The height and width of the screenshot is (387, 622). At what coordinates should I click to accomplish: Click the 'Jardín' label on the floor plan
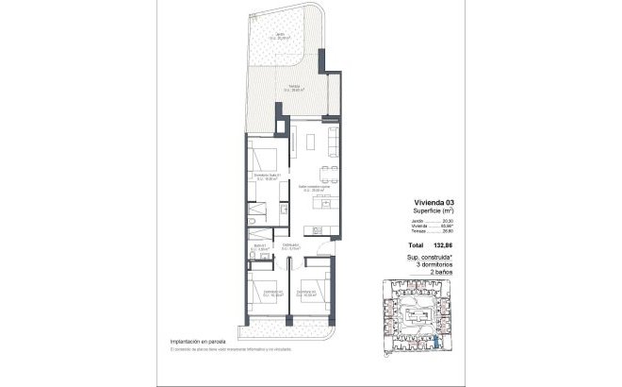click(280, 35)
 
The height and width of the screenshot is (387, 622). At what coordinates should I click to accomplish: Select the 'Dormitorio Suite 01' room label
click(267, 177)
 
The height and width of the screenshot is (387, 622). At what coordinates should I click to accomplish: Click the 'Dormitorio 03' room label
click(305, 293)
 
